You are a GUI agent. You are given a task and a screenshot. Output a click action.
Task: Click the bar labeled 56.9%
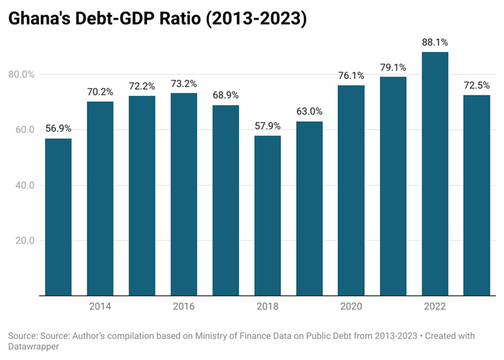tap(58, 217)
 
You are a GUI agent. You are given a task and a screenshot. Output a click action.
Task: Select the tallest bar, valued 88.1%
tap(435, 174)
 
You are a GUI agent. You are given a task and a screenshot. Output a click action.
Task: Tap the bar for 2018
tap(267, 215)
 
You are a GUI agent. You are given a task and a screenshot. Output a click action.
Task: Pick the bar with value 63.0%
tap(309, 209)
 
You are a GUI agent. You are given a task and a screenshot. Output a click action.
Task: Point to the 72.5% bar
tap(476, 195)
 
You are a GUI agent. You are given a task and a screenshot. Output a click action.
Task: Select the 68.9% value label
tap(225, 96)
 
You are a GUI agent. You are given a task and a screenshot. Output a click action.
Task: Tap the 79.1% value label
tap(393, 68)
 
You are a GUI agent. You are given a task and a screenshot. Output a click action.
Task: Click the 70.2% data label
tap(100, 92)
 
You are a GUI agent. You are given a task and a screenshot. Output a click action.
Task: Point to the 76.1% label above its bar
tap(351, 76)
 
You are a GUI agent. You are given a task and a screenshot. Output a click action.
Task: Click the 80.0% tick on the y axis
tap(21, 74)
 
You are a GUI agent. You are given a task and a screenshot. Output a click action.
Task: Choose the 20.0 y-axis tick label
tap(21, 241)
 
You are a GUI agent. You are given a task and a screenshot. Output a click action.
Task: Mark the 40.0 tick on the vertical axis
tap(21, 185)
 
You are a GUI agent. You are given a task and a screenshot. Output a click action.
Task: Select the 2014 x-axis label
tap(100, 306)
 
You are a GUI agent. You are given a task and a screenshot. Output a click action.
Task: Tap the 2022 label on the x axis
tap(435, 306)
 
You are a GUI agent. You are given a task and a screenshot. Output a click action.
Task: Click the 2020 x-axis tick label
tap(351, 306)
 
